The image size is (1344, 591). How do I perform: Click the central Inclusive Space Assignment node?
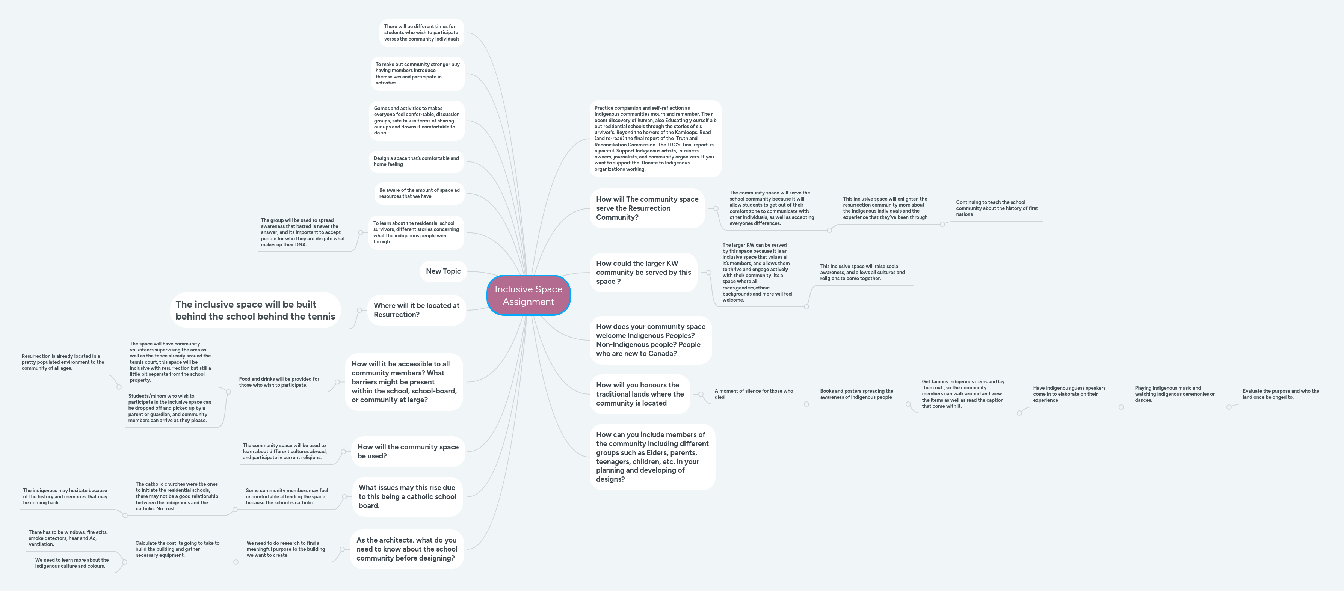click(x=528, y=295)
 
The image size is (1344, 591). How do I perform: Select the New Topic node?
click(x=443, y=271)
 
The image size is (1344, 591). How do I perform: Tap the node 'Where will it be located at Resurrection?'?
click(x=416, y=310)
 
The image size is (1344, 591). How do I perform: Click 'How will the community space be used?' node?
click(x=408, y=451)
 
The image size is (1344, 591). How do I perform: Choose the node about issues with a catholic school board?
click(x=407, y=496)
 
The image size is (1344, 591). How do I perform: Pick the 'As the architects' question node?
click(x=406, y=549)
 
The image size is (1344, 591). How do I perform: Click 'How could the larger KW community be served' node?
click(x=643, y=272)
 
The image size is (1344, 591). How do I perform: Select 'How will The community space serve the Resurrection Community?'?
click(x=647, y=208)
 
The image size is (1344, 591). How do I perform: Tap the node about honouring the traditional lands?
click(x=640, y=394)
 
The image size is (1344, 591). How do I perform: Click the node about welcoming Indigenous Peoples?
click(x=651, y=339)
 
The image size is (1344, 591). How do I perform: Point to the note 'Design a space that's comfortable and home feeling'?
click(x=416, y=161)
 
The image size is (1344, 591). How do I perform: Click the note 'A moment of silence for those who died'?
click(x=754, y=394)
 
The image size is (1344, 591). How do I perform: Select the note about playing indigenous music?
click(x=1174, y=394)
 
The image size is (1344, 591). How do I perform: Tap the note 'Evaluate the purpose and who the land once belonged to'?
click(x=1281, y=394)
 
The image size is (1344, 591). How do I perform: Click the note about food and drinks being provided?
click(x=279, y=382)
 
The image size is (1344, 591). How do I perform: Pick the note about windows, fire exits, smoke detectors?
click(x=68, y=538)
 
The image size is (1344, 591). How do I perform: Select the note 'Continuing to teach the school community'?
click(x=997, y=208)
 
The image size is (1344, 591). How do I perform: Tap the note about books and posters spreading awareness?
click(x=856, y=394)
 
